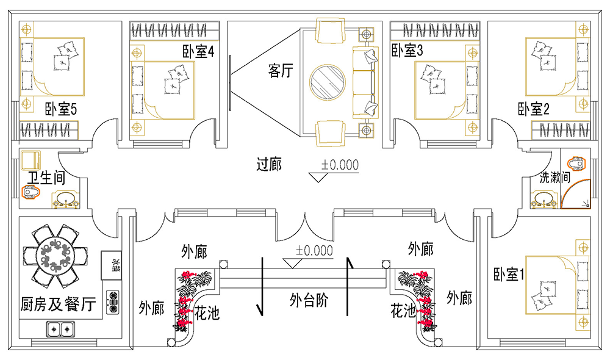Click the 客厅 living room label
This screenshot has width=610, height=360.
(281, 71)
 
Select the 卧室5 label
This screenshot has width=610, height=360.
(60, 110)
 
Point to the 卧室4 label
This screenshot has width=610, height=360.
(198, 52)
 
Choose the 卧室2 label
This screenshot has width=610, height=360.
(534, 110)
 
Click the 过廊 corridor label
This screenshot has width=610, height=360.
(269, 164)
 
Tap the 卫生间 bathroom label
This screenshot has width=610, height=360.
(48, 177)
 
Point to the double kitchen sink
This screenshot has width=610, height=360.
(60, 330)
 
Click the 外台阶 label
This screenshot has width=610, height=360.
(309, 300)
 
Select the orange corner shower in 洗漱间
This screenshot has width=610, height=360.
(576, 194)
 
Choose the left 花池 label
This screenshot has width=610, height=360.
(207, 314)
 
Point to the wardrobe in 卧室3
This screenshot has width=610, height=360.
(435, 29)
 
